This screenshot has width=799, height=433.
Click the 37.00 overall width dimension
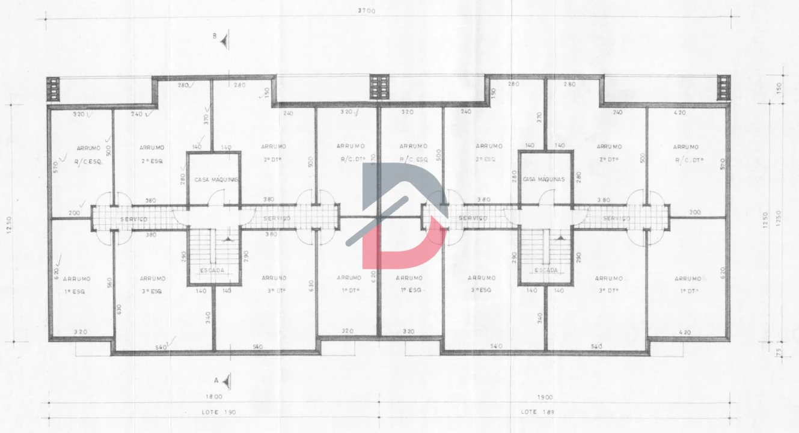coord(366,11)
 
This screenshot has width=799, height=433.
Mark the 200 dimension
coord(75,213)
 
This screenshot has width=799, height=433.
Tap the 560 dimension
coord(110,282)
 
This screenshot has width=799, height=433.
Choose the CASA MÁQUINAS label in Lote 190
coord(216,180)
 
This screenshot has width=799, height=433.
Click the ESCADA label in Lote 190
coord(212,271)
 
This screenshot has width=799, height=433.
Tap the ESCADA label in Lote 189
coord(545,271)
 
